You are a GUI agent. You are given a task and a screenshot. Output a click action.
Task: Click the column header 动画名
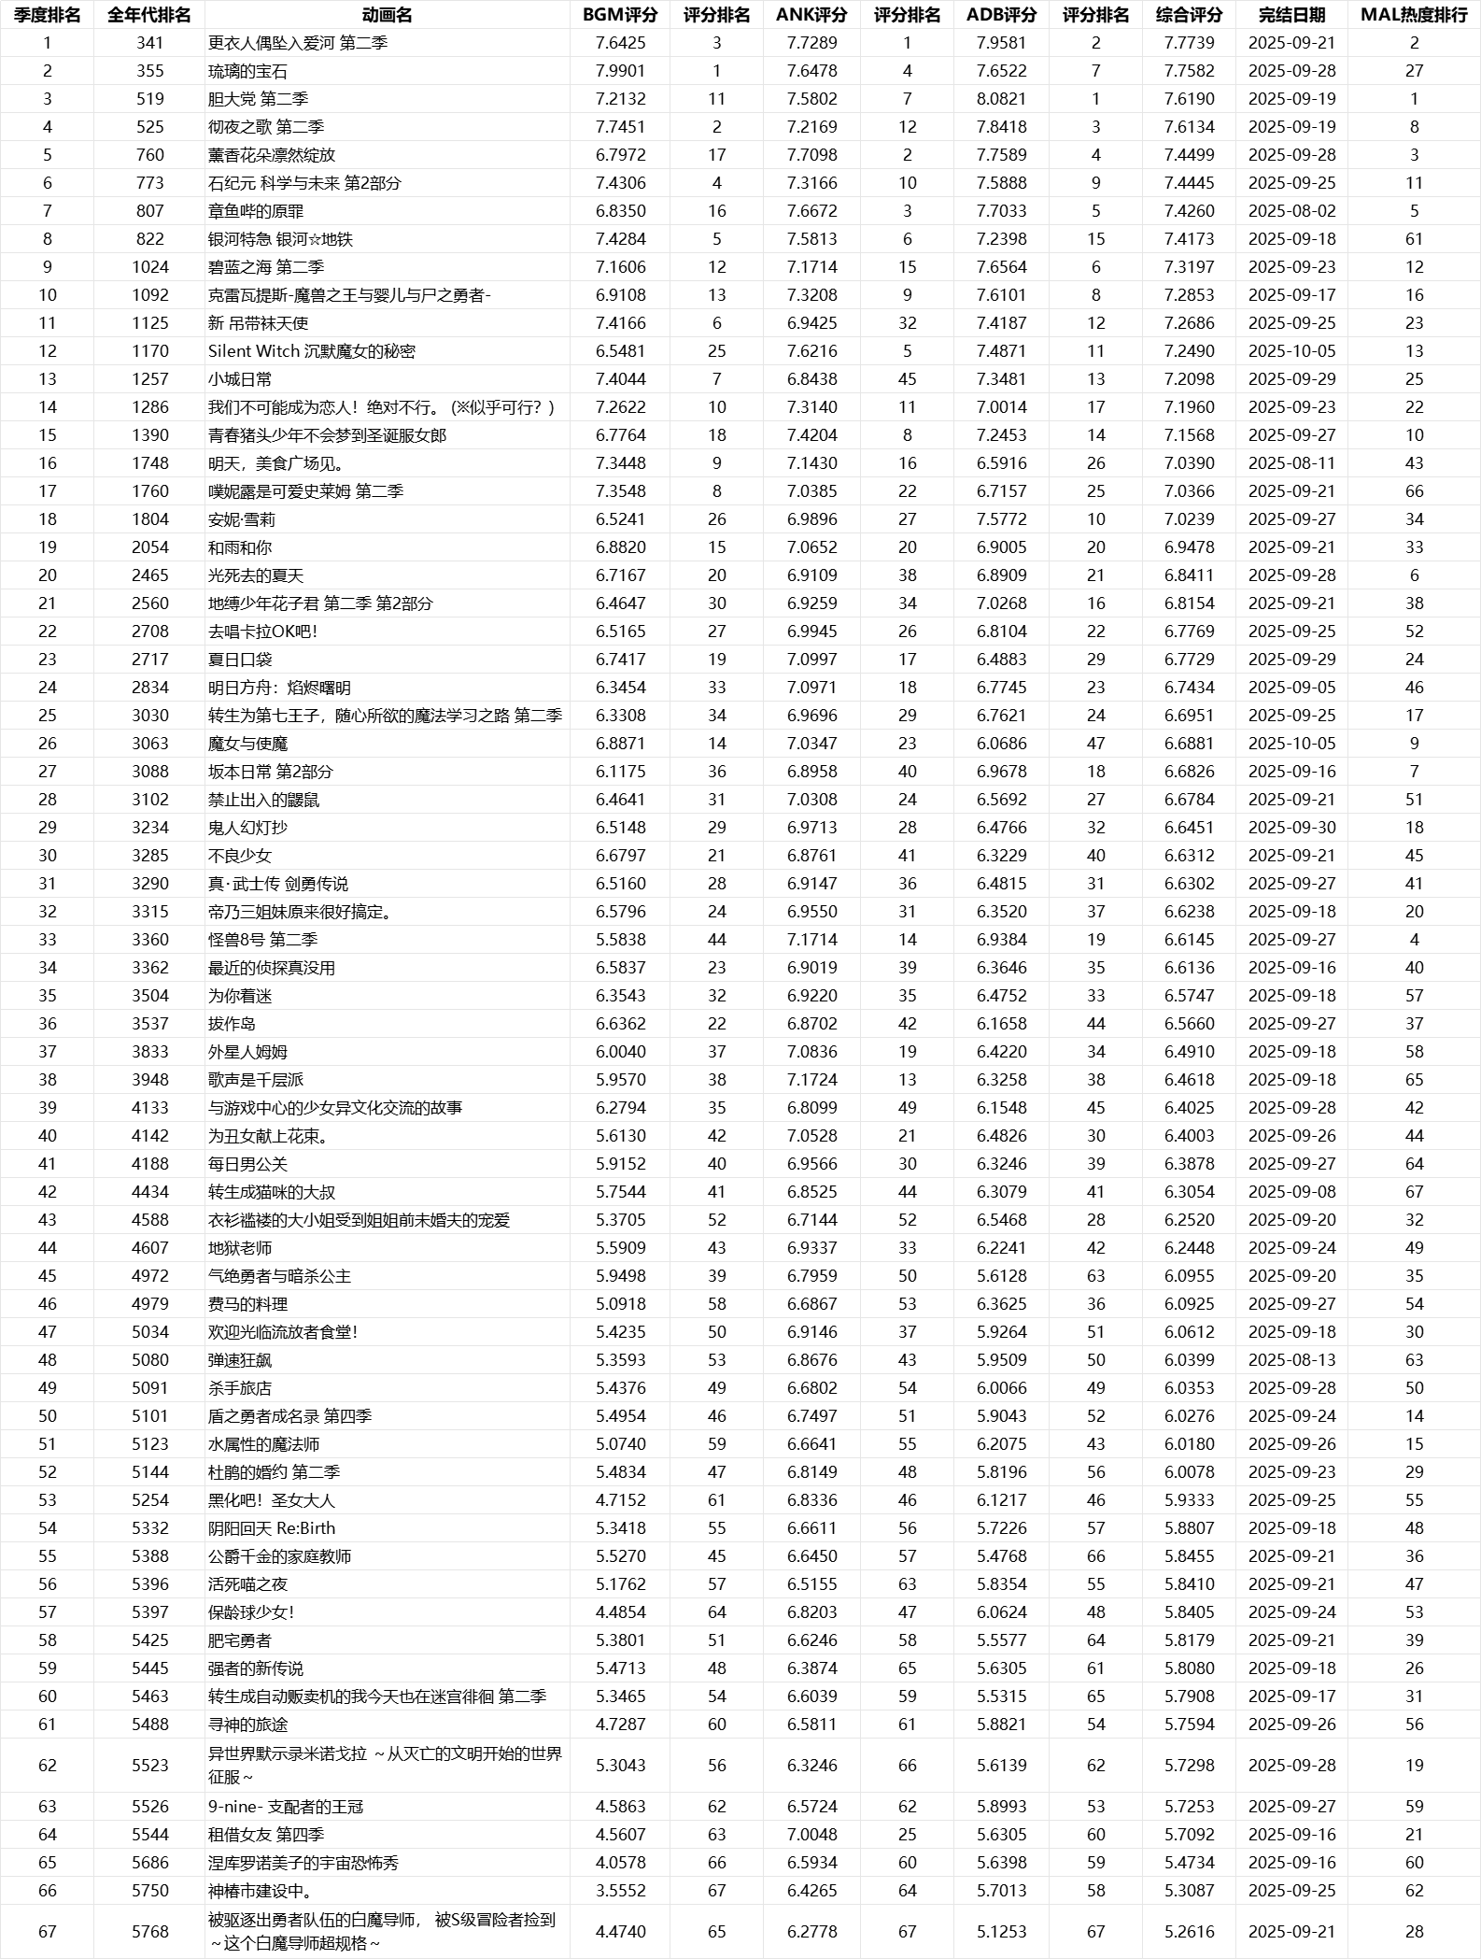pyautogui.click(x=387, y=15)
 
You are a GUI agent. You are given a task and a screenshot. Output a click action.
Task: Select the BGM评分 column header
pyautogui.click(x=620, y=15)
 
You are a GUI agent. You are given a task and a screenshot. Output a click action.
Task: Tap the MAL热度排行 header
pyautogui.click(x=1414, y=15)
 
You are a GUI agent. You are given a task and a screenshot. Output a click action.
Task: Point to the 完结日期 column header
pyautogui.click(x=1291, y=15)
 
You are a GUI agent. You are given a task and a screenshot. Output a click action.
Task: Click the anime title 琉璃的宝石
pyautogui.click(x=247, y=71)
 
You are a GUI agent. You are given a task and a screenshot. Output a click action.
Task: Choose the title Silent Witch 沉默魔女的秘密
pyautogui.click(x=311, y=351)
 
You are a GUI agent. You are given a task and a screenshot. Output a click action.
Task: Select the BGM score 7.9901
pyautogui.click(x=620, y=71)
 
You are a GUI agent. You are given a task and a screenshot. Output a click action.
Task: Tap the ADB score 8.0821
pyautogui.click(x=1001, y=99)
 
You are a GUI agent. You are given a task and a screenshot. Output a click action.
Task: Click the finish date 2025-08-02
pyautogui.click(x=1291, y=211)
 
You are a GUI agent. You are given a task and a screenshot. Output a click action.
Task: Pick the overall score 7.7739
pyautogui.click(x=1189, y=43)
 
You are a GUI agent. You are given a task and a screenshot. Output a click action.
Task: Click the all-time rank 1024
pyautogui.click(x=149, y=267)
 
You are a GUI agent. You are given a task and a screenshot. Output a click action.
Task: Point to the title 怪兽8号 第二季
pyautogui.click(x=262, y=940)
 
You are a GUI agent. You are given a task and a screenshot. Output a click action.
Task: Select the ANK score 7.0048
pyautogui.click(x=811, y=1835)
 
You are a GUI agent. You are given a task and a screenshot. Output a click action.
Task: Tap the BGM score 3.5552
pyautogui.click(x=620, y=1891)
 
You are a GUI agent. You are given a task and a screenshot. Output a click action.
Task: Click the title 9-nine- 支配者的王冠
pyautogui.click(x=286, y=1807)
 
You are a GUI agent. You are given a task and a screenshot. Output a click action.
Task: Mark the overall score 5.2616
pyautogui.click(x=1189, y=1932)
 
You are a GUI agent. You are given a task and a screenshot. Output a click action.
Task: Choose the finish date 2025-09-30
pyautogui.click(x=1291, y=828)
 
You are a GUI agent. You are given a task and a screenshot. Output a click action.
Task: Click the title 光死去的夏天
pyautogui.click(x=255, y=575)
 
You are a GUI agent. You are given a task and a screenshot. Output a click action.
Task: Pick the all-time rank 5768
pyautogui.click(x=149, y=1932)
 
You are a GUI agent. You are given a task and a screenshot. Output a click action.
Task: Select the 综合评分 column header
pyautogui.click(x=1189, y=15)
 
